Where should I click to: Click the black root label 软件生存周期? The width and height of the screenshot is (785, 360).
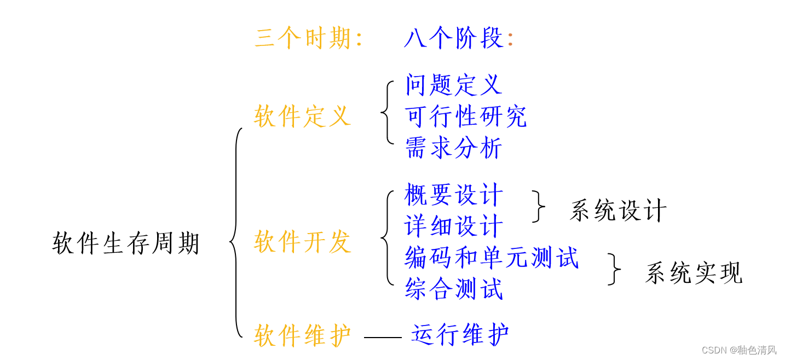pos(126,243)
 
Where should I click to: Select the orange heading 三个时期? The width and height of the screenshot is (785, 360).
pos(308,39)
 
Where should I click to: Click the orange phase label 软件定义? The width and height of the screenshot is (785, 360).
pos(302,117)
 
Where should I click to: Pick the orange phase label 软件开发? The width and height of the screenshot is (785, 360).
pos(302,242)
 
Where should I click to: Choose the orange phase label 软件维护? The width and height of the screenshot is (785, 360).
pos(302,335)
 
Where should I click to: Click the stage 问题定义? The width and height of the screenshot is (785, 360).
pos(453,85)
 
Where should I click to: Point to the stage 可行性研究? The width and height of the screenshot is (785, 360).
pos(466,117)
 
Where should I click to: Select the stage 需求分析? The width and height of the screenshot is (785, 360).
pos(453,148)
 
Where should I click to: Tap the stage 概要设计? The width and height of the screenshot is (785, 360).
pos(454,195)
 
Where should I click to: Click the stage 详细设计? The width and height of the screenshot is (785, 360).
pos(454,226)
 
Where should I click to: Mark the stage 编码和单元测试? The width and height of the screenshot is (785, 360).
pos(492,258)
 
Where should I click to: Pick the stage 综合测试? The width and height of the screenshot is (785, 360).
pos(454,289)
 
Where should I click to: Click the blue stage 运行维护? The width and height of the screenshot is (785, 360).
pos(460,334)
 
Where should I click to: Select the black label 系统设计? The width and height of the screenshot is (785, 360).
pos(618,211)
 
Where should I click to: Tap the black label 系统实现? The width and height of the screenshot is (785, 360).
pos(694,273)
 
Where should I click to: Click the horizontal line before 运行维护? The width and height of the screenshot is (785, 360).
pos(383,338)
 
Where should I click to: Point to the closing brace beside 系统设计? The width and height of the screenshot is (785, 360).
pos(539,207)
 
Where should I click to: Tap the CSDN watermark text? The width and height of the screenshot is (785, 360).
pos(738,350)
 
